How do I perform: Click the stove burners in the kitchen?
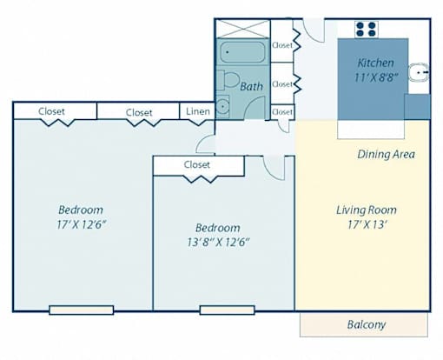point(366,30)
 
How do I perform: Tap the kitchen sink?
point(419,72)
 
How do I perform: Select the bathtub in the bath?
point(242,52)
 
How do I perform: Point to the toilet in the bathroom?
point(228,80)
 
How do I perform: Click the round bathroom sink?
point(223,107)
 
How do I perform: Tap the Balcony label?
point(367,324)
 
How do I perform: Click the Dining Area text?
point(386,154)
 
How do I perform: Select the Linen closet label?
point(198,111)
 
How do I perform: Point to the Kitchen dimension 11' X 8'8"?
point(376,77)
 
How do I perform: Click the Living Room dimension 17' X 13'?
point(367,224)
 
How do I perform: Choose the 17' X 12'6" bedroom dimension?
point(80,224)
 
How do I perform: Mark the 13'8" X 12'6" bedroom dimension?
point(218,242)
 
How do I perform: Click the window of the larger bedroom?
point(82,310)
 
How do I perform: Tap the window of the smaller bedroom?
point(228,310)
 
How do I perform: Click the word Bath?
point(251,86)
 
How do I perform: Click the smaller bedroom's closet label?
point(197,164)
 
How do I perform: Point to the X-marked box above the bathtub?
point(243,29)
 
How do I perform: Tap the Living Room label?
point(367,210)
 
